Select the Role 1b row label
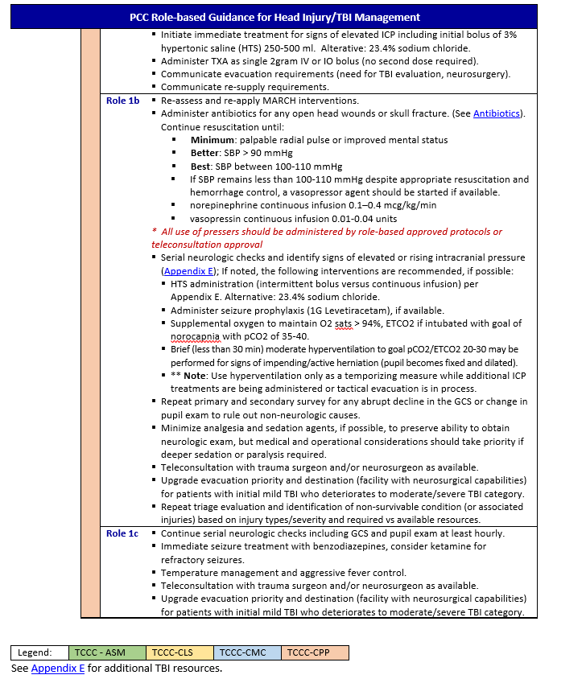tap(122, 101)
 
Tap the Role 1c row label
tap(122, 533)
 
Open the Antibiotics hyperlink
tap(497, 113)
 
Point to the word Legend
tap(35, 652)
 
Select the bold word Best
tap(200, 166)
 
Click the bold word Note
tap(196, 375)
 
